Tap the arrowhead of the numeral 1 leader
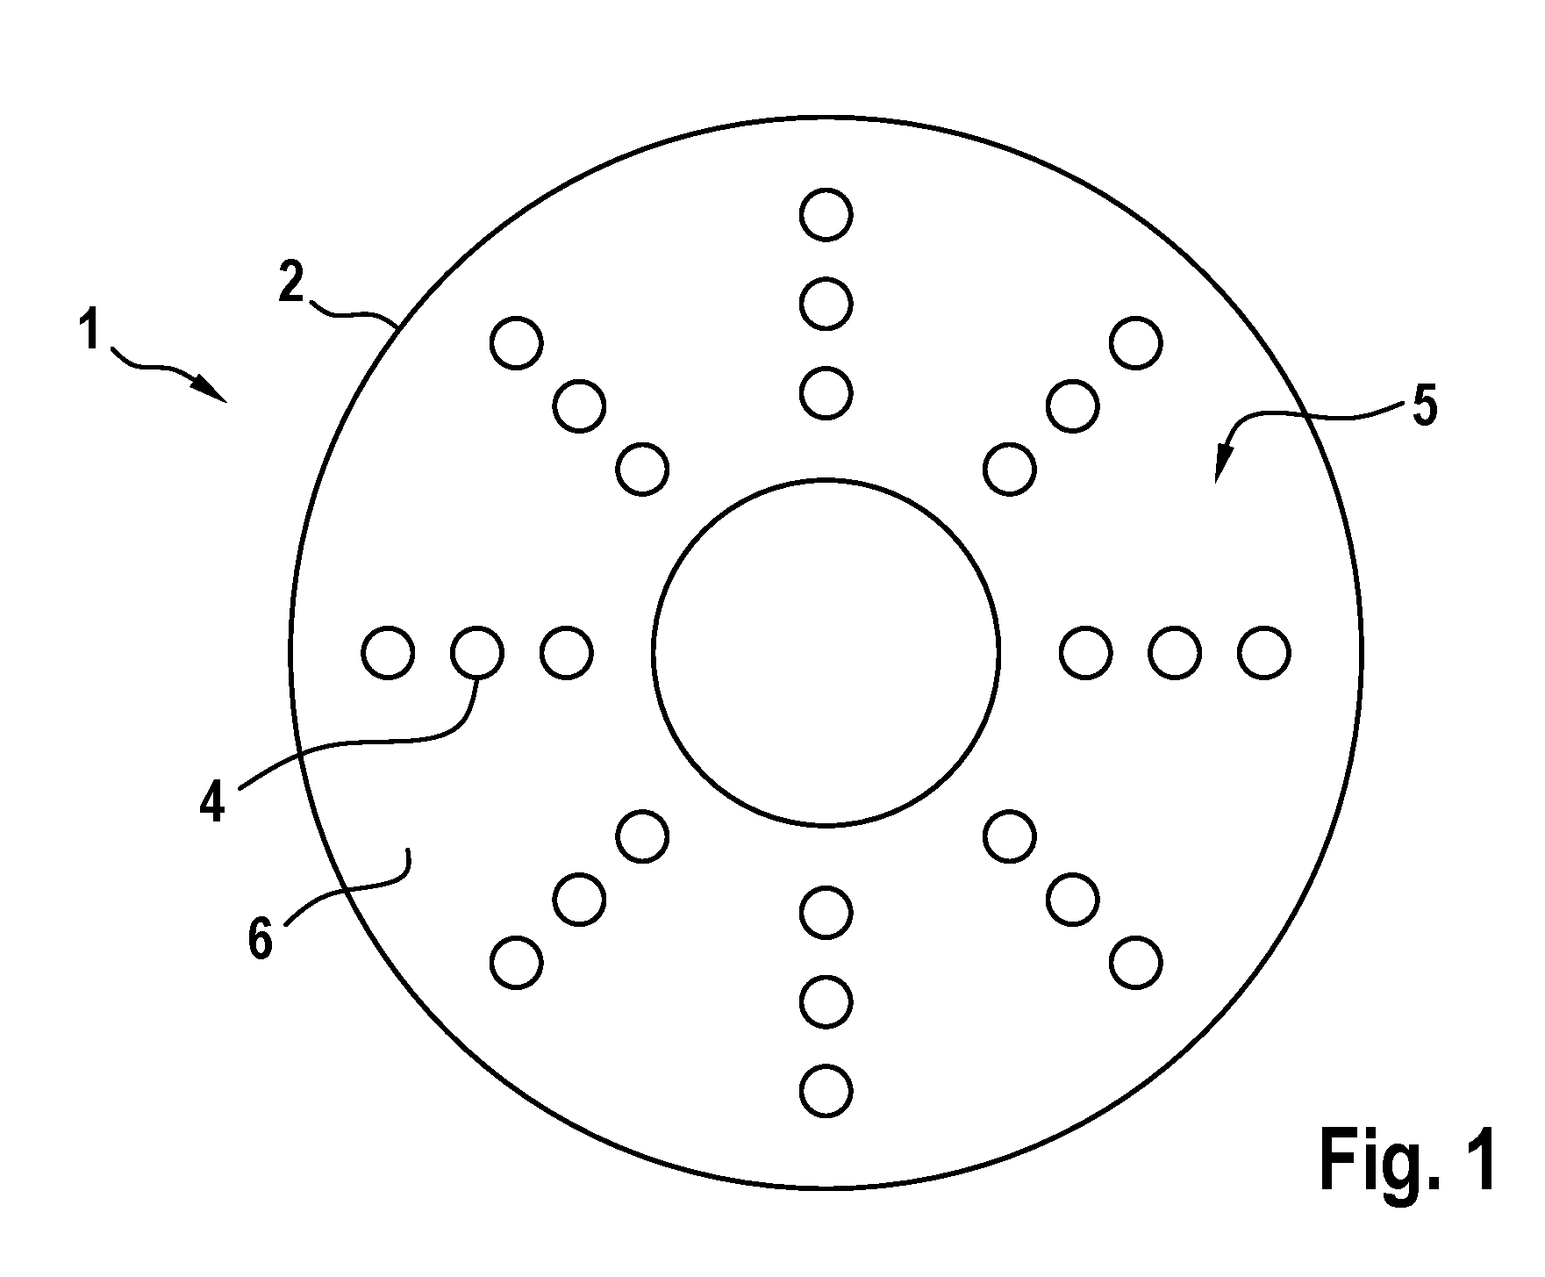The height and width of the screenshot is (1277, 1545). (214, 391)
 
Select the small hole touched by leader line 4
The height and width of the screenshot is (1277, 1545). (476, 652)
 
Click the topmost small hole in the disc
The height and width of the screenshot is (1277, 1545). (826, 214)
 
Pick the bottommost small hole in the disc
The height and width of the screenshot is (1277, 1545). (826, 1091)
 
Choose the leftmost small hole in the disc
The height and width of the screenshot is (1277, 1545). (388, 652)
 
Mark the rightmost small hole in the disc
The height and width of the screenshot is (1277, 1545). (1263, 652)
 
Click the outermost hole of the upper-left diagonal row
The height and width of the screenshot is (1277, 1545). (517, 342)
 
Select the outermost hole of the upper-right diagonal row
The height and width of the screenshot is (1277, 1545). (1135, 342)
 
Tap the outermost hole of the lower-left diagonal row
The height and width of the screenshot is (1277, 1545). (517, 963)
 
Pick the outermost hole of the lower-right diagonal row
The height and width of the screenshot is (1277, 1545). (1135, 963)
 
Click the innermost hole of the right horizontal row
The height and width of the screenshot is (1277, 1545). (1086, 652)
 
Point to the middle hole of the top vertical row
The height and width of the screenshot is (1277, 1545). (826, 304)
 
